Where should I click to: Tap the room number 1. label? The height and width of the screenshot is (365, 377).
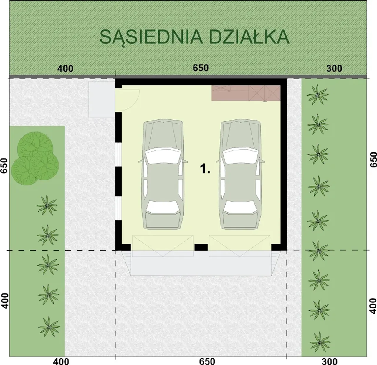(205, 169)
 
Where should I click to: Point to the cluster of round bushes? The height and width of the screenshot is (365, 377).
(35, 158)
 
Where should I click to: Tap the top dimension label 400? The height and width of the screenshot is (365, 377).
(65, 69)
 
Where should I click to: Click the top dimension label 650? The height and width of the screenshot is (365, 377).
(201, 68)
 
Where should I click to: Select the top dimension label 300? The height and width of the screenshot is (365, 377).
(334, 68)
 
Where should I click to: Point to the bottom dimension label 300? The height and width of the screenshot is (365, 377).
(330, 361)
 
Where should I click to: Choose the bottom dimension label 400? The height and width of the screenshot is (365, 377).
(61, 361)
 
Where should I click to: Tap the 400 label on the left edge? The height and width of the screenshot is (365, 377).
(5, 301)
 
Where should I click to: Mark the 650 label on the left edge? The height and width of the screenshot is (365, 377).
(4, 165)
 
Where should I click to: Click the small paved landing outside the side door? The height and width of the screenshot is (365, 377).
(102, 100)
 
